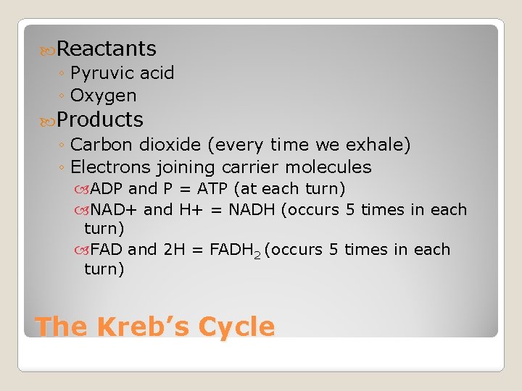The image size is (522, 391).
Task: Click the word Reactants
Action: tap(107, 49)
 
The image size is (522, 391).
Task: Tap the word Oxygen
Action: tap(104, 96)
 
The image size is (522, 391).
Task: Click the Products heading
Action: tap(100, 119)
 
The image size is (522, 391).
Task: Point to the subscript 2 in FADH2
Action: tap(257, 254)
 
